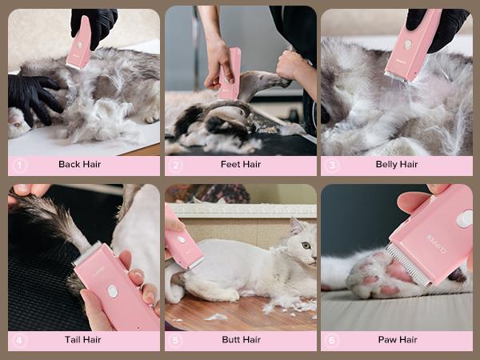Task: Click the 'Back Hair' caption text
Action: click(80, 165)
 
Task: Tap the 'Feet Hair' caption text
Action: click(241, 165)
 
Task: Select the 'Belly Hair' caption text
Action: click(397, 165)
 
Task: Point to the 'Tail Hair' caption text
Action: click(82, 340)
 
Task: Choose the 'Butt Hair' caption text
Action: click(241, 340)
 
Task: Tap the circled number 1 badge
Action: click(20, 165)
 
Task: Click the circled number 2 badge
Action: click(177, 165)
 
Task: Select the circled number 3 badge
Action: click(333, 165)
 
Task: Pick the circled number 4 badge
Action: click(20, 340)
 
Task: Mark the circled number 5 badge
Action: click(177, 340)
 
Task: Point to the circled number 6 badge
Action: click(333, 340)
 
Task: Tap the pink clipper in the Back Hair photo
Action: click(79, 43)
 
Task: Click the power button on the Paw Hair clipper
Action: click(464, 218)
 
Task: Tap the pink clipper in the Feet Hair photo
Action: click(230, 74)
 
